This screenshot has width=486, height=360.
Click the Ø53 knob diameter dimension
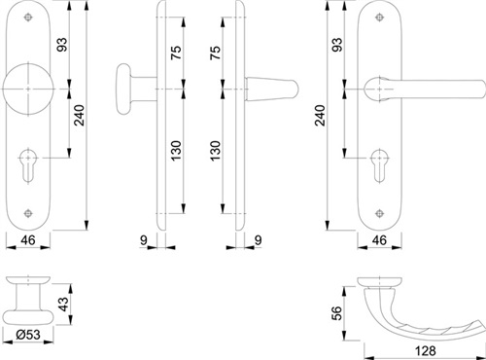coord(28,335)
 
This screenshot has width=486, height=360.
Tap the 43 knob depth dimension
coord(64,304)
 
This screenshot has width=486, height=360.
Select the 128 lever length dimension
coord(426,351)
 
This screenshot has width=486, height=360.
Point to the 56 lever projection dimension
coord(337,313)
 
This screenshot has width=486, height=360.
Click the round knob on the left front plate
coord(28,89)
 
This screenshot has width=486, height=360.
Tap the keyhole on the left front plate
coord(28,165)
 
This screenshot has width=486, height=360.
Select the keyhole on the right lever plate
coord(379,165)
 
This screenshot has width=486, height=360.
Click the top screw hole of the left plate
coord(28,18)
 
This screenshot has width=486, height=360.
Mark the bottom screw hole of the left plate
coord(28,213)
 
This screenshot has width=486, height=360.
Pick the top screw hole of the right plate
coord(379,18)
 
